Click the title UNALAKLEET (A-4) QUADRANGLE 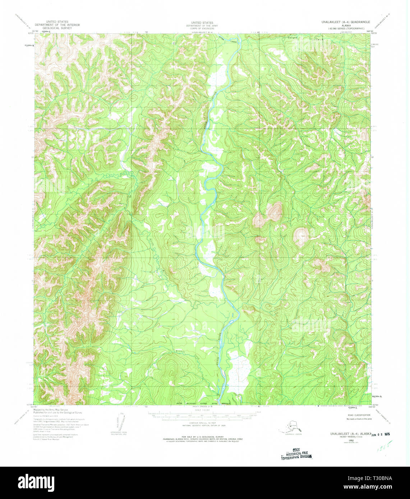(340, 22)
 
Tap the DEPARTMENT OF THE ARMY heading (197, 25)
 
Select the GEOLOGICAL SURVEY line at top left (57, 28)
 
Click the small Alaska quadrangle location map (290, 428)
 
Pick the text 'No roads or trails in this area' (359, 419)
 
